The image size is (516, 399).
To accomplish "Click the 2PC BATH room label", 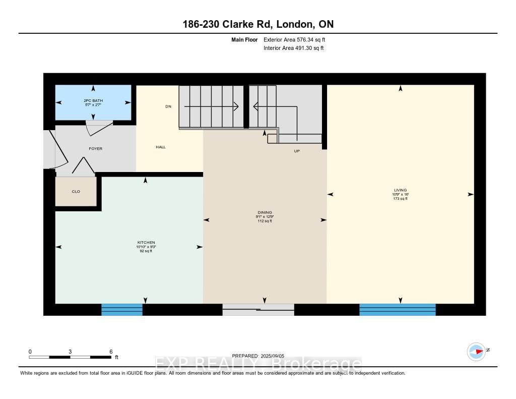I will [93, 101].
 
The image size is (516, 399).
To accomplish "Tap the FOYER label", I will [95, 148].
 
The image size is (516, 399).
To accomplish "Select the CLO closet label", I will [76, 191].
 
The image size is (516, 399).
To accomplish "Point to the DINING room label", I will [264, 212].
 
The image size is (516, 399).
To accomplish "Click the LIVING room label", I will [400, 190].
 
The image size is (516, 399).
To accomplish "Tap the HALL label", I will [160, 147].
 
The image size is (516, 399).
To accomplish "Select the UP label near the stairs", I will [297, 151].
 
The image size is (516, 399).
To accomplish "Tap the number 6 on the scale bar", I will [110, 352].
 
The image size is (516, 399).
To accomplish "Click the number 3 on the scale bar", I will [71, 352].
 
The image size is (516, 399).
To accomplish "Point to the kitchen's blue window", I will [122, 310].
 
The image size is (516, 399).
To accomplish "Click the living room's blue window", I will [397, 310].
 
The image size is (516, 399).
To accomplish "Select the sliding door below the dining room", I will [258, 310].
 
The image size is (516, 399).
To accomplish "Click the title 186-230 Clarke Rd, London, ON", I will [258, 24].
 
